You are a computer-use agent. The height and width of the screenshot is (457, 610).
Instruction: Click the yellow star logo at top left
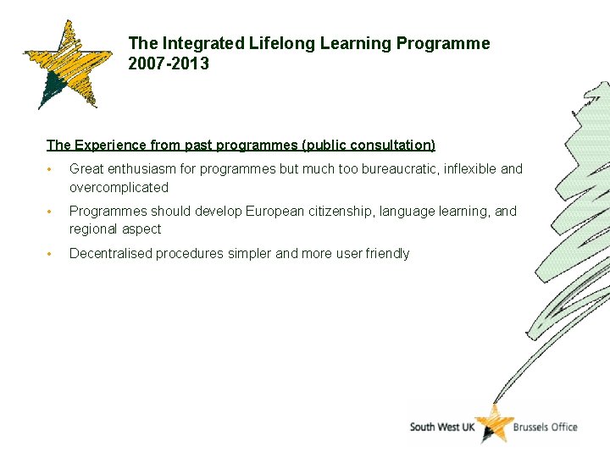pyautogui.click(x=66, y=65)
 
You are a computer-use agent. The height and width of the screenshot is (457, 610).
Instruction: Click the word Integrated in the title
pyautogui.click(x=203, y=43)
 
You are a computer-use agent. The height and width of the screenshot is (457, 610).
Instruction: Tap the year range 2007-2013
pyautogui.click(x=169, y=63)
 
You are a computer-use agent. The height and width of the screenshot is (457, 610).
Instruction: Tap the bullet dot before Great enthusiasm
pyautogui.click(x=51, y=169)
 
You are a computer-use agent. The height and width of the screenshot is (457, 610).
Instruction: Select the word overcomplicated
pyautogui.click(x=119, y=187)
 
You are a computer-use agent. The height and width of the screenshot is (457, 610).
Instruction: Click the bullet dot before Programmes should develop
pyautogui.click(x=51, y=212)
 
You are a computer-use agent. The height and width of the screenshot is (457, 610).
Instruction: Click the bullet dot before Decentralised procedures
pyautogui.click(x=51, y=254)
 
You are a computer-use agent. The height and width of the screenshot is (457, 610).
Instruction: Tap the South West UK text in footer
pyautogui.click(x=441, y=427)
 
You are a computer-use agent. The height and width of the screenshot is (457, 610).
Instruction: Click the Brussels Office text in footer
pyautogui.click(x=546, y=427)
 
